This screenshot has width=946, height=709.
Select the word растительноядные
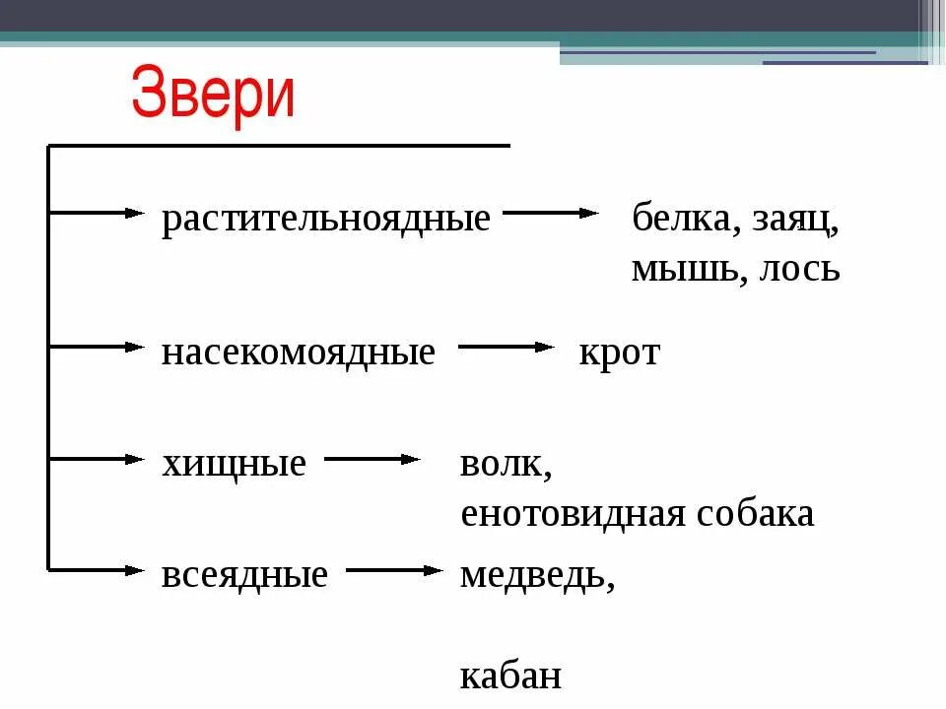325,219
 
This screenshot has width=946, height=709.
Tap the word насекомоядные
298,352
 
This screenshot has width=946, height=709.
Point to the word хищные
234,463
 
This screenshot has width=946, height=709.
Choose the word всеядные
243,574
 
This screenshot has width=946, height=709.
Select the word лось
800,268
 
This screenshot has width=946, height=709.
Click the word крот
619,353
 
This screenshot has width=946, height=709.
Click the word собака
757,513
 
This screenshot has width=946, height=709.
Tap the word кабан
510,676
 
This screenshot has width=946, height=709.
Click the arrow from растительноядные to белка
551,213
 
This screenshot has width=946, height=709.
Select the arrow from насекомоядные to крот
507,347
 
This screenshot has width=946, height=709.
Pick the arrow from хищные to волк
372,459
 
